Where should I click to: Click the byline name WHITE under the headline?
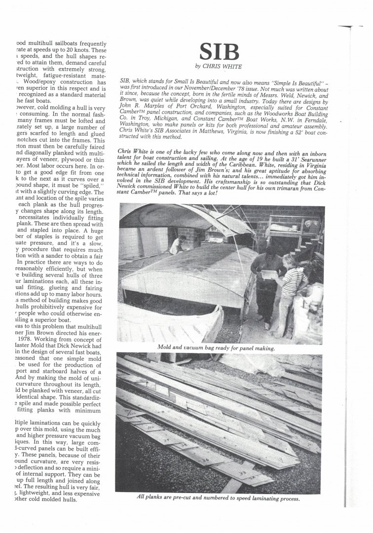click(x=229, y=66)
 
